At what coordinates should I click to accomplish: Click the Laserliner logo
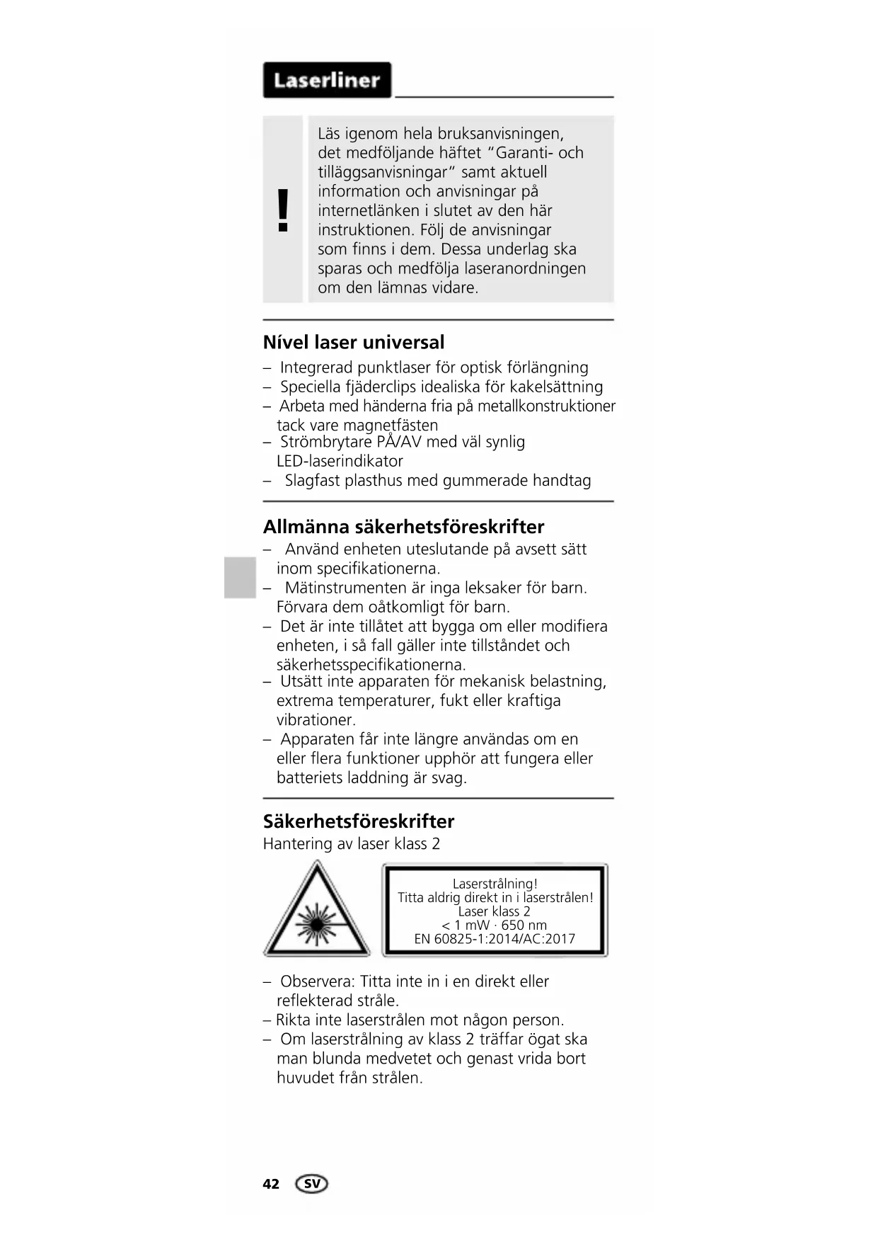click(x=327, y=80)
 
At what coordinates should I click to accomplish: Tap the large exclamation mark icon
click(x=283, y=210)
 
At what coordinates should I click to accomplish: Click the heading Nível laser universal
click(x=354, y=343)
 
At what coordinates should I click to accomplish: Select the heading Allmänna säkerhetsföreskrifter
click(x=403, y=527)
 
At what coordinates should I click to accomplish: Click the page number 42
click(x=271, y=1184)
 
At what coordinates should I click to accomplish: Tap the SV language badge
click(x=312, y=1184)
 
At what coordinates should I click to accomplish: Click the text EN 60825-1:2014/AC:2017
click(x=495, y=939)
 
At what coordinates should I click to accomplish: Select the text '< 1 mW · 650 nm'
click(x=495, y=925)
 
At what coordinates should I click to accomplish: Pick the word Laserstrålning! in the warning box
click(x=495, y=884)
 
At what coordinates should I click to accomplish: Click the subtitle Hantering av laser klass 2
click(x=352, y=844)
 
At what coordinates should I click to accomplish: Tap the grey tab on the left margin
click(x=240, y=577)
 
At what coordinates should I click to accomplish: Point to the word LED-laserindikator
click(x=340, y=462)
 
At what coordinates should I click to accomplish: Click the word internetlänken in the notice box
click(x=369, y=211)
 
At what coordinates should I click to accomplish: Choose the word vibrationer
click(x=316, y=720)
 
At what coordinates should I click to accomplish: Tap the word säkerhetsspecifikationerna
click(x=371, y=665)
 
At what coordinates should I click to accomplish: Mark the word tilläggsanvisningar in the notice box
click(x=382, y=172)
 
